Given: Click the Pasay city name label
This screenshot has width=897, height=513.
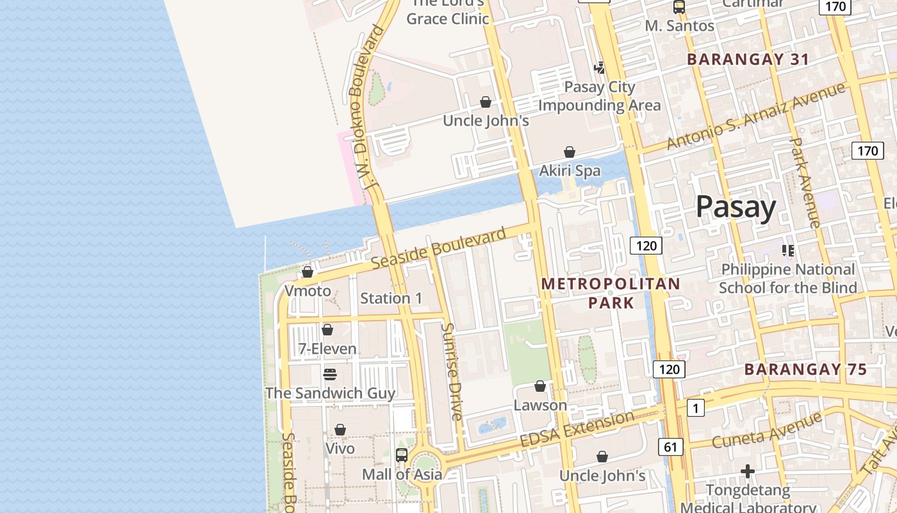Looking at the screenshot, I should point(736,207).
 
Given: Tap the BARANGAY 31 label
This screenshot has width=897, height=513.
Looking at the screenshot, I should point(748,60).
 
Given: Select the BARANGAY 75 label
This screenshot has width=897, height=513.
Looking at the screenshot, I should point(805,369).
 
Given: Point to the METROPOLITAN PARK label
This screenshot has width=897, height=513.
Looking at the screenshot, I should point(611,292).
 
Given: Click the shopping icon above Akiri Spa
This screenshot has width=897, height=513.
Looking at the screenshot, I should point(569,152).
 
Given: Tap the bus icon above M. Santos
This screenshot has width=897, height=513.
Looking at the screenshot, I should point(679,8).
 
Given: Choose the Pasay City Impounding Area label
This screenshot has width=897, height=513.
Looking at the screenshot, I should point(600,96).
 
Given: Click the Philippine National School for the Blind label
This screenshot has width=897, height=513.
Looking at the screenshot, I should point(788,278).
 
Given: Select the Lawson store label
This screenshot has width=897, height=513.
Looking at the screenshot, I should point(540,405).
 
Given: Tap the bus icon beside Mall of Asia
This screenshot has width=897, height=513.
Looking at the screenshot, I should point(402,455).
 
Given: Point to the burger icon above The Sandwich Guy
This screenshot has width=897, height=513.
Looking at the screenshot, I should point(330,374).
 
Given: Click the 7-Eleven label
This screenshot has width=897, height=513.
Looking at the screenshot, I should point(327,349).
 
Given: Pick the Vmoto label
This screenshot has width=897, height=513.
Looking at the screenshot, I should point(308,290).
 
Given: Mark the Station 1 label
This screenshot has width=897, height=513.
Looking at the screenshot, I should point(391,298).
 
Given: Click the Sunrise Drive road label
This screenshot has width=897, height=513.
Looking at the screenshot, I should point(452,371).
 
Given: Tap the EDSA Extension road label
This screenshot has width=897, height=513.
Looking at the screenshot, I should point(577,430).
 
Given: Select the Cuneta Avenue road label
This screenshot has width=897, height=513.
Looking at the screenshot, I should point(766,431).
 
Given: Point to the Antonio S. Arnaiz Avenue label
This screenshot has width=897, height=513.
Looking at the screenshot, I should point(756,115).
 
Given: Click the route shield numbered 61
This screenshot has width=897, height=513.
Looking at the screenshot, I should point(670,447).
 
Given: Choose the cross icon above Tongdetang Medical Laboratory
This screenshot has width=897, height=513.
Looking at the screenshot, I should point(747,471).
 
